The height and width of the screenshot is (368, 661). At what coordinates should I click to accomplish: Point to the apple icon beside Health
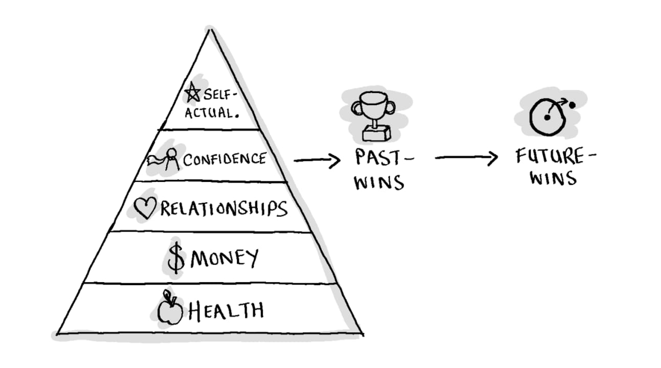click(170, 309)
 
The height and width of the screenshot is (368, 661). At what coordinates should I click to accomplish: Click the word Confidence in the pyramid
click(225, 159)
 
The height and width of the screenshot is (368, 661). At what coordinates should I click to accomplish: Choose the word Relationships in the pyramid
click(224, 209)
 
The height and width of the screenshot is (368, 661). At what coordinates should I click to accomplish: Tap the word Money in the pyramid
click(224, 259)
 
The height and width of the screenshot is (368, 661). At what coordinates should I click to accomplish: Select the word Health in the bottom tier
click(226, 310)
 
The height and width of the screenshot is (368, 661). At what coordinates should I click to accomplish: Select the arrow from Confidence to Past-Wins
click(317, 160)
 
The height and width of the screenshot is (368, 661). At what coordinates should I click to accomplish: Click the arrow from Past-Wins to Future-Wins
click(466, 159)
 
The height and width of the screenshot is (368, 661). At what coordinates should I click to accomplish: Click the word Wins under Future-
click(553, 179)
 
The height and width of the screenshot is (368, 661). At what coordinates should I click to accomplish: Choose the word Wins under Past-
click(379, 182)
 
